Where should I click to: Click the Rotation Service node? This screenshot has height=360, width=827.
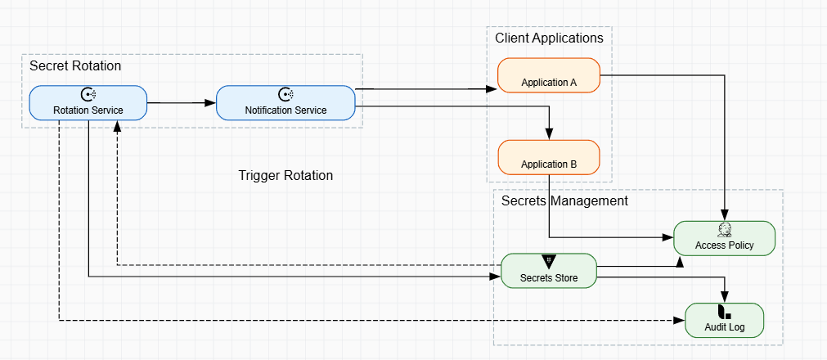coord(88,103)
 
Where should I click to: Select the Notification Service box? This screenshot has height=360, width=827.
coord(285,103)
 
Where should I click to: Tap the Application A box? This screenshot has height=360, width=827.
coord(549,76)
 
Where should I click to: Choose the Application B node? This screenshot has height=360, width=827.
coord(549,157)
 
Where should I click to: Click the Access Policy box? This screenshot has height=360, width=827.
coord(724,238)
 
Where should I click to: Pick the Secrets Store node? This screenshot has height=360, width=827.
coord(549,271)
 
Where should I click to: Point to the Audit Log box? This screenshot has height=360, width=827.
coord(724,320)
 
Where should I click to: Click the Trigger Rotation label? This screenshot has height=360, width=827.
coord(285,176)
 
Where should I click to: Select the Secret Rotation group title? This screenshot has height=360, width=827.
coord(75,65)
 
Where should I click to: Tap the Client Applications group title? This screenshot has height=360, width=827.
coord(549,38)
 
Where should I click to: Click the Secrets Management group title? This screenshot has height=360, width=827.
coord(564,200)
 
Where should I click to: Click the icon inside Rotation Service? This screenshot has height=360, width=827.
coord(88,94)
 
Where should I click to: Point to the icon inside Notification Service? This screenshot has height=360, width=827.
coord(285,94)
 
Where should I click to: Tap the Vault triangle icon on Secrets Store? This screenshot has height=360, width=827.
coord(549,261)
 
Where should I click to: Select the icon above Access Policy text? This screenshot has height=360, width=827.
coord(724,229)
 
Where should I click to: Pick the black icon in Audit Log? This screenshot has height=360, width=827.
coord(724,311)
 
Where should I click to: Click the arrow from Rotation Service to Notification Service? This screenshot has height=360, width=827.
coord(181,103)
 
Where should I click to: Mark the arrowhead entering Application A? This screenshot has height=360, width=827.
coord(492,88)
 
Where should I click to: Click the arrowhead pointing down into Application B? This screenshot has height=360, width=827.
coord(550,135)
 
